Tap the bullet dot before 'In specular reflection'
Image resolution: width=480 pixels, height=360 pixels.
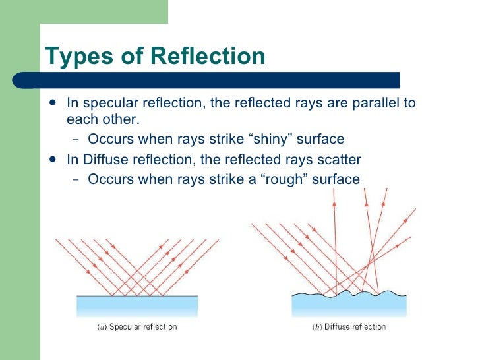point(53,104)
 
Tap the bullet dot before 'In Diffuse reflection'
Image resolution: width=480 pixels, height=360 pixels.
point(53,160)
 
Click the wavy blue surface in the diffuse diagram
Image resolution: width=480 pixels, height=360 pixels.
point(349,307)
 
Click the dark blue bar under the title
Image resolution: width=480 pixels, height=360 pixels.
point(218,80)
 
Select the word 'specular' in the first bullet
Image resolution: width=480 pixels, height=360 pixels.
point(104,104)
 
